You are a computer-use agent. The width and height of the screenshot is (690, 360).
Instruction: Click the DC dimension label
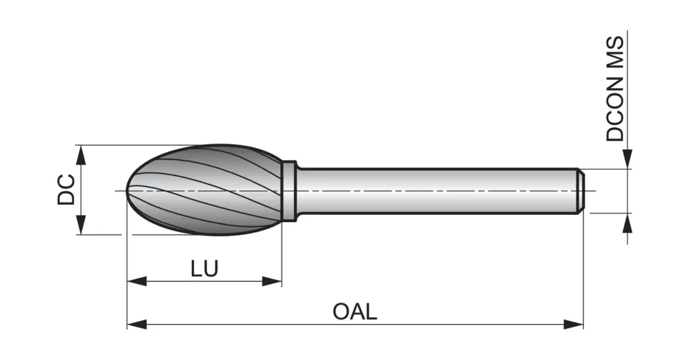pos(67,190)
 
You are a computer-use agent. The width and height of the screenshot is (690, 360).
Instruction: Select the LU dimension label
pos(204,268)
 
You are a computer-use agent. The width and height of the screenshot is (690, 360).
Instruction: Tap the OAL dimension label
pos(354,312)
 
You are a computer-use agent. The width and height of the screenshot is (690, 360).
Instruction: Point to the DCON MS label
pos(615,88)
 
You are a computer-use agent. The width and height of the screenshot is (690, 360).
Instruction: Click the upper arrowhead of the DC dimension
pos(81,152)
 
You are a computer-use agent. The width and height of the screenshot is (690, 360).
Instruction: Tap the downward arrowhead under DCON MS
pos(627,161)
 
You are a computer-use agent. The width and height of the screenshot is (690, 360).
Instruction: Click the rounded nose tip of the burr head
pos(129,190)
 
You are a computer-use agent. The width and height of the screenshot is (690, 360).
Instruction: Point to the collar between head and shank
pos(288,190)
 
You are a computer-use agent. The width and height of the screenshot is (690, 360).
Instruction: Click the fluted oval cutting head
pos(208,190)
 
